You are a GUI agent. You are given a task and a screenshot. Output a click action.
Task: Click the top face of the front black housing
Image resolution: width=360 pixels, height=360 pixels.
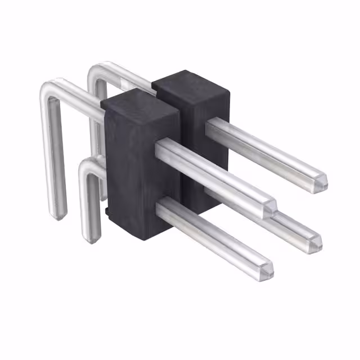tap(139, 101)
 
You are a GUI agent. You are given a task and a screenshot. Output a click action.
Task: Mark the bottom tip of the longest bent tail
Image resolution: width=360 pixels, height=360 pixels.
tap(58, 215)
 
